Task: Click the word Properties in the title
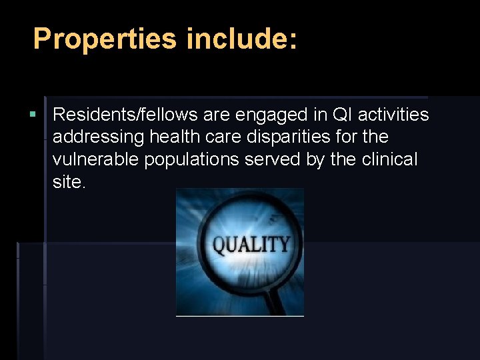tap(104, 39)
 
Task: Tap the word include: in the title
tap(241, 39)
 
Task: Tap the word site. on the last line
tap(69, 183)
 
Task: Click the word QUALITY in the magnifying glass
tap(251, 245)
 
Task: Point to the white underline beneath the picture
tap(239, 316)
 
